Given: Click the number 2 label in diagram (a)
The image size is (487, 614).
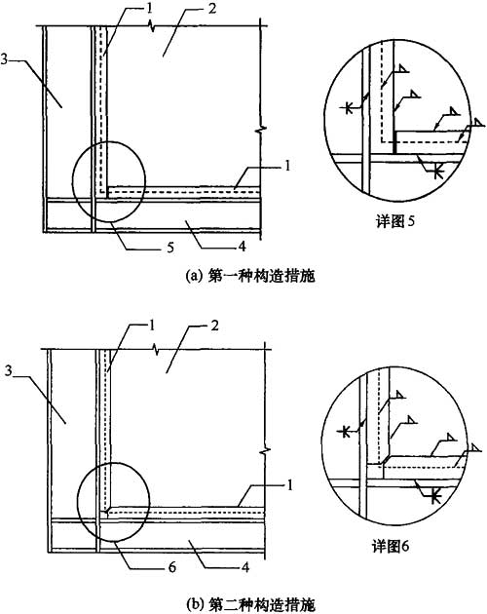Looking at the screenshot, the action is [211, 9].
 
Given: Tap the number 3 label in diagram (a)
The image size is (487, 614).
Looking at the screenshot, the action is [4, 59].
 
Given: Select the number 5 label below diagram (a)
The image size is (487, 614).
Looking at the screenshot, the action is [170, 248].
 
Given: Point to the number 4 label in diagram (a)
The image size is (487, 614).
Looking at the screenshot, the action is [243, 247].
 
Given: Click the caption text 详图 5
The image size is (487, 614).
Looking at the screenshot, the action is [395, 221].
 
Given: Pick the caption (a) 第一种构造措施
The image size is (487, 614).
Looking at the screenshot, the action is [250, 277].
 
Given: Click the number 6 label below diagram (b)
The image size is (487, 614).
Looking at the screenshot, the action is [172, 567].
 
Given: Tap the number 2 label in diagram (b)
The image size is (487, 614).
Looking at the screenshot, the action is [214, 326].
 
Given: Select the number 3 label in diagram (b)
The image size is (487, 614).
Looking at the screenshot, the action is [9, 370].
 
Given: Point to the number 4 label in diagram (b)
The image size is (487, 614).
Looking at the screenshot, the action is [245, 567].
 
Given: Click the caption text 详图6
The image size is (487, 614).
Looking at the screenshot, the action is [391, 546].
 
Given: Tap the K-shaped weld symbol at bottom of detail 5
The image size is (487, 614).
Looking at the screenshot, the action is [438, 172].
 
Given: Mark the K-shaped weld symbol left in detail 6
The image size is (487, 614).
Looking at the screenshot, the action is [345, 432].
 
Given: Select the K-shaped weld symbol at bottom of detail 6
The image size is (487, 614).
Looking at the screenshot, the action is [434, 497].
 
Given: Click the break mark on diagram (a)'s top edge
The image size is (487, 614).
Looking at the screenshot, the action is [152, 26].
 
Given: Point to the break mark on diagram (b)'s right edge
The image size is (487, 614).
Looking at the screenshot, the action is [266, 451].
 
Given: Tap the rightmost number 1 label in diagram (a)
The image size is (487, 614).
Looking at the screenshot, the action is [287, 166].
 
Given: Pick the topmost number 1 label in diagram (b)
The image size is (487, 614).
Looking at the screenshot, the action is [151, 326].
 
